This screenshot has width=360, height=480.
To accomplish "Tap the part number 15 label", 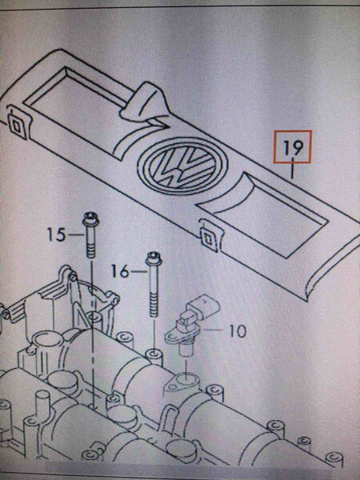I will coord(54,234).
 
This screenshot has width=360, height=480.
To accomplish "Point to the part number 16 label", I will coord(118,272).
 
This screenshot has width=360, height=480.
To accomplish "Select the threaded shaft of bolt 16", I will coord(151,300).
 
